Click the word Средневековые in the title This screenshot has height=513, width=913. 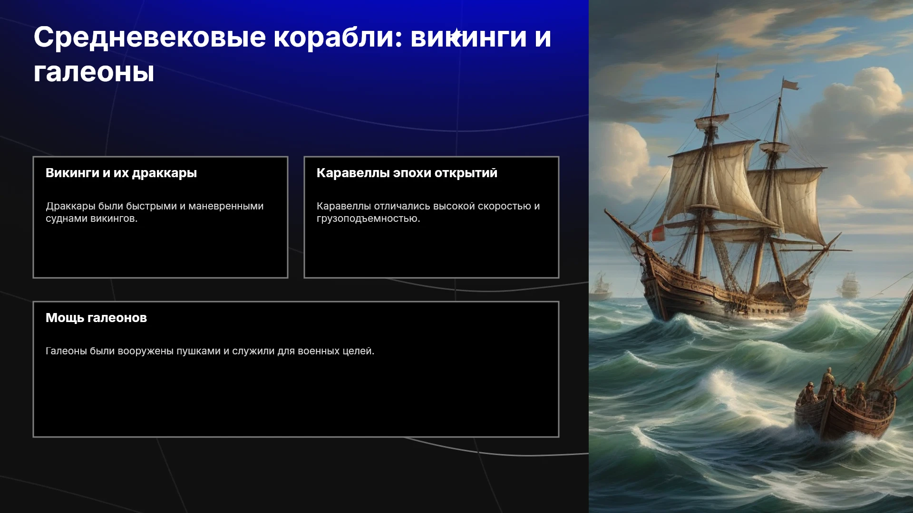(150, 38)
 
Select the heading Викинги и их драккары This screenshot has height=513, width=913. (121, 173)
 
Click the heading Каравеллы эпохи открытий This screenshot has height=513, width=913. (407, 173)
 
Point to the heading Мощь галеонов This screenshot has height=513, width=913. (96, 318)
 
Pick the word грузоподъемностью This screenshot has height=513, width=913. (368, 219)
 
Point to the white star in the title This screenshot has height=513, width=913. (456, 35)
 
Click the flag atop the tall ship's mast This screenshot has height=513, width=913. (790, 85)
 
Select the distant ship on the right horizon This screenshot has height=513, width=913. (849, 285)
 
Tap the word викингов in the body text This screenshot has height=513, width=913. (114, 219)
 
